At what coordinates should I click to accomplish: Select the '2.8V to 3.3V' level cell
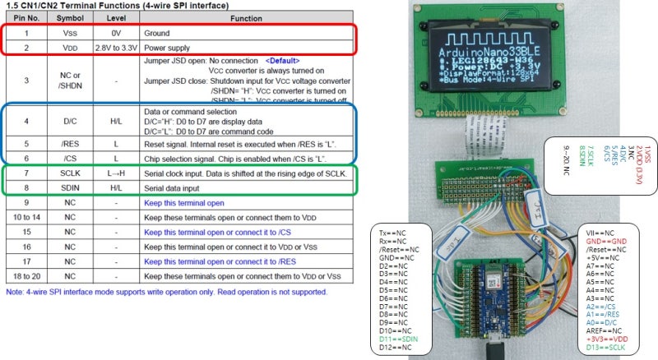point(114,47)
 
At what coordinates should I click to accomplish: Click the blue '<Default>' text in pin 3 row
point(282,61)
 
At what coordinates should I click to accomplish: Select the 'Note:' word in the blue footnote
point(15,292)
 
